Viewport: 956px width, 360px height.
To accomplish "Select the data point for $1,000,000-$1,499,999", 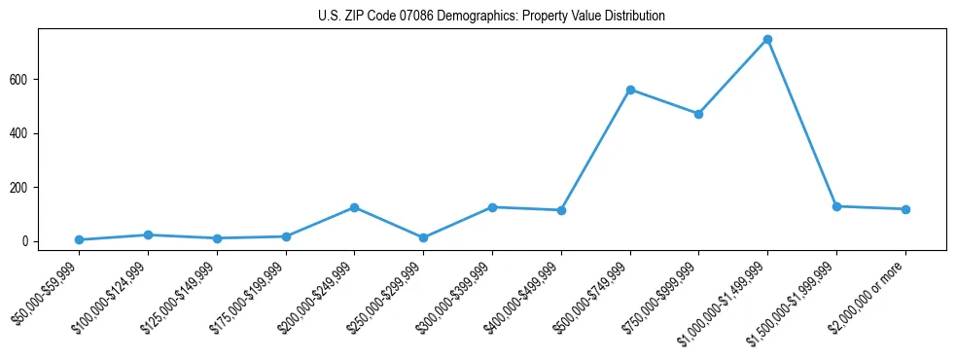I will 767,39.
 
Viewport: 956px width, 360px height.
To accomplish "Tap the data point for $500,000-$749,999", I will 630,90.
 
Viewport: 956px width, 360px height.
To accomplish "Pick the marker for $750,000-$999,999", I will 698,114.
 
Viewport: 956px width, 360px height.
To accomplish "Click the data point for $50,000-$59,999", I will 79,239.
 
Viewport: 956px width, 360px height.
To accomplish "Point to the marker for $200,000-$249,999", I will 354,207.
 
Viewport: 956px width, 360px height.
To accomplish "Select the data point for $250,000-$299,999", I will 423,237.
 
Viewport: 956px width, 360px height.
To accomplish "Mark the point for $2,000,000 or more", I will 905,209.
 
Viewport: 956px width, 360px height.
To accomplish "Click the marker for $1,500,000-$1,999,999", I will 836,206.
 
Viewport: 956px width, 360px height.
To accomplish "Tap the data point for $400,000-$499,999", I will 561,210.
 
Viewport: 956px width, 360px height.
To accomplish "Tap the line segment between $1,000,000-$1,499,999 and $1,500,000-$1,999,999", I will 802,123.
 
